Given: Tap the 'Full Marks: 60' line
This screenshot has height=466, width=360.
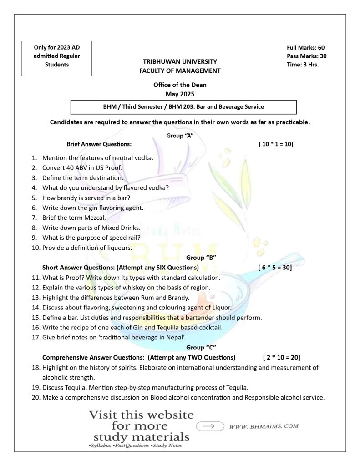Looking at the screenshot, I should click(x=305, y=48).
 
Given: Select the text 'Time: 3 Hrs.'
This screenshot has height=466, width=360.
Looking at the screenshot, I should click(x=302, y=65).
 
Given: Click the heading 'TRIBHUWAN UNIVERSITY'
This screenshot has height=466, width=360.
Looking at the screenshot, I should click(x=180, y=61).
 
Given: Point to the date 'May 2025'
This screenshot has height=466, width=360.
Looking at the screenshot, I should click(x=180, y=94).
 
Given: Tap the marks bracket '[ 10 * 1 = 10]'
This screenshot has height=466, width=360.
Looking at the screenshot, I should click(x=275, y=144).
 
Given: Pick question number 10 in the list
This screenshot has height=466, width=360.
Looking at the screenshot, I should click(x=36, y=248).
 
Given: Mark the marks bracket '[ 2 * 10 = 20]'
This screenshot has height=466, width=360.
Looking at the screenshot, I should click(x=281, y=357).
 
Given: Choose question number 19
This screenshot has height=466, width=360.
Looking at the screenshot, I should click(x=36, y=388).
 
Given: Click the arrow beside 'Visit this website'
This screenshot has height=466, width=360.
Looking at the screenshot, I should click(x=210, y=426).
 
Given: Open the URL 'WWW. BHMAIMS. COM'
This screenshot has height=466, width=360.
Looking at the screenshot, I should click(x=264, y=427).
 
